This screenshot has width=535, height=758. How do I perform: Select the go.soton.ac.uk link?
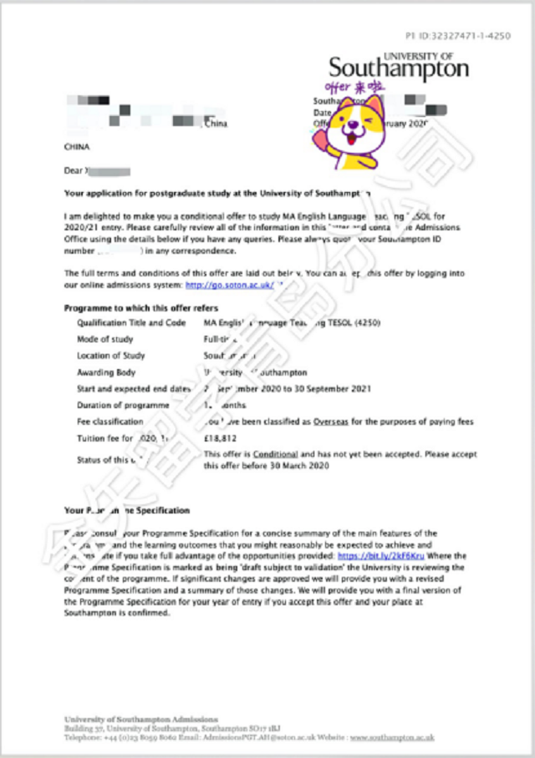pos(229,286)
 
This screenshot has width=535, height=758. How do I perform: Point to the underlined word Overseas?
pos(331,422)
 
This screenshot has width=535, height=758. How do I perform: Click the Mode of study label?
pos(104,340)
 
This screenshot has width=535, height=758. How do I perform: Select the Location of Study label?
pos(110,356)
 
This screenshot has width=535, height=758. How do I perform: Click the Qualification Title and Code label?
pos(131,323)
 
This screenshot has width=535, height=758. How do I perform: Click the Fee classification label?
pos(110,422)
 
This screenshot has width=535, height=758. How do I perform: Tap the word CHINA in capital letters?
pos(76,147)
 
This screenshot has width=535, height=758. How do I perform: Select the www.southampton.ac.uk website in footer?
pos(392,738)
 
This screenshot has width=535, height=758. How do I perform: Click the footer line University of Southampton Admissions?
pos(140,719)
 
